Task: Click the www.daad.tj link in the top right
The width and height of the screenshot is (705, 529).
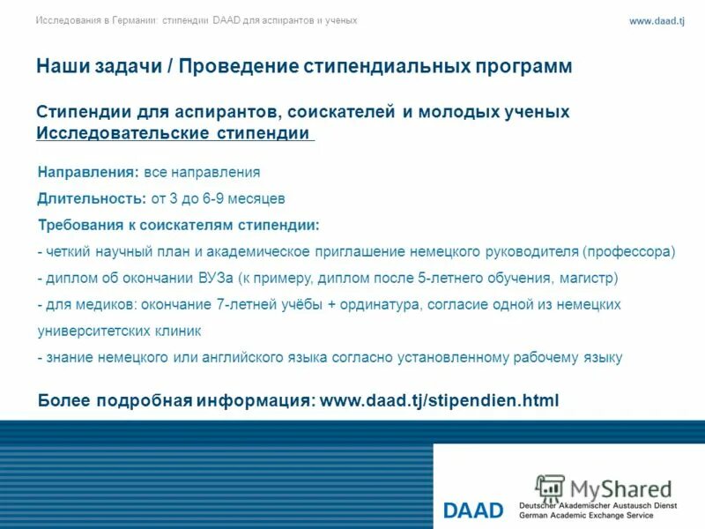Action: pyautogui.click(x=657, y=21)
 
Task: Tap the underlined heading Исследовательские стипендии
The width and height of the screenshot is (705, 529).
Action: pyautogui.click(x=174, y=133)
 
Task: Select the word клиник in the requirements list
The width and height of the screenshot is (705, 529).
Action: pyautogui.click(x=175, y=331)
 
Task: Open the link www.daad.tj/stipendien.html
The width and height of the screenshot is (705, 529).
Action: pyautogui.click(x=439, y=400)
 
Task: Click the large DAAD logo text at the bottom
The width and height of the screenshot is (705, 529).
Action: pyautogui.click(x=473, y=510)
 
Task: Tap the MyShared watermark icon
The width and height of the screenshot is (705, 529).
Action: pyautogui.click(x=550, y=488)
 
